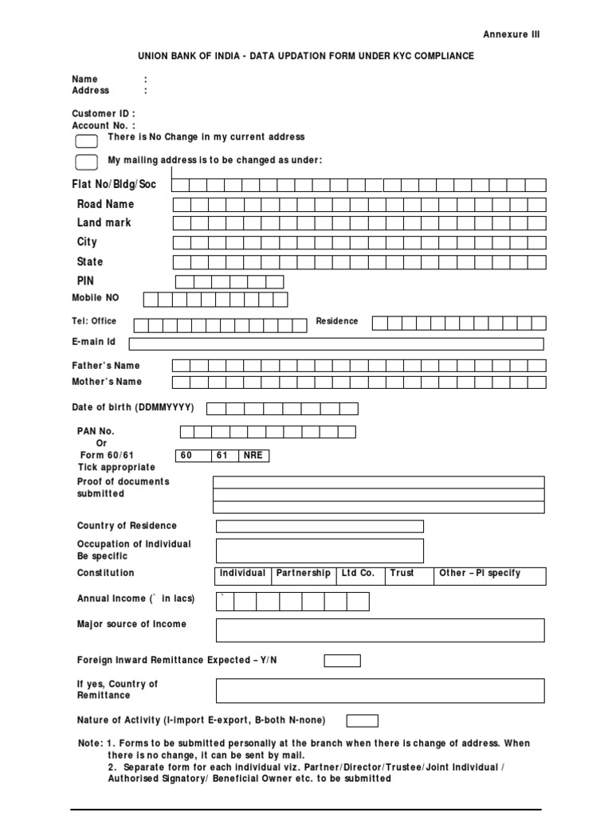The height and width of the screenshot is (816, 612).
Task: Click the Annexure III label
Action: coord(511,34)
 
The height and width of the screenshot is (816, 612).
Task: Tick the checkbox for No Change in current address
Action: coord(86,142)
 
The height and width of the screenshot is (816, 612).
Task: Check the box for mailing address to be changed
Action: coord(86,163)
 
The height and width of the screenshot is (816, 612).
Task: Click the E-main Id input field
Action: coord(335,343)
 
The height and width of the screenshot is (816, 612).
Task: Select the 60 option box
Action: coord(193,456)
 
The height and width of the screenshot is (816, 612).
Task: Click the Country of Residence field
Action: coord(320,526)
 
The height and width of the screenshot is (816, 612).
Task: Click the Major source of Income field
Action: coord(380,630)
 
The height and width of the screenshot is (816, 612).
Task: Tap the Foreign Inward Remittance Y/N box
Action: coord(342,661)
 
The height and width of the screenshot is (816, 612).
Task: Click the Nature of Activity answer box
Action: coord(362,720)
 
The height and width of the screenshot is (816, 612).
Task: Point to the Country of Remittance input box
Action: coord(380,690)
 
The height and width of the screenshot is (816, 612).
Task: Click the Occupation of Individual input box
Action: coord(320,551)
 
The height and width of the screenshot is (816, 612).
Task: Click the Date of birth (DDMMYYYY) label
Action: coord(133,407)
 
